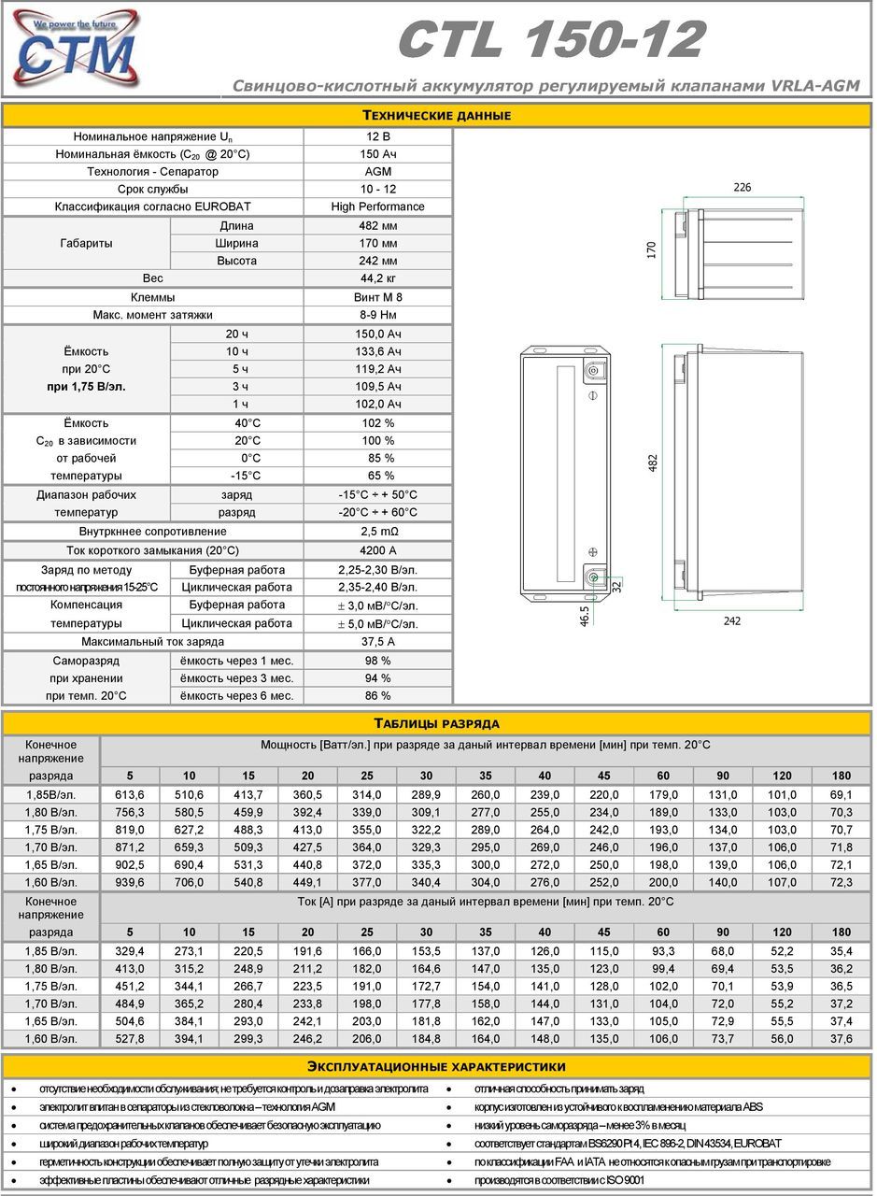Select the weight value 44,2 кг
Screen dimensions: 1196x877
pyautogui.click(x=377, y=278)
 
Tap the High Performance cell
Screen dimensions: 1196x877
pyautogui.click(x=377, y=206)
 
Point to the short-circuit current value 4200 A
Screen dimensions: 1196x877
pyautogui.click(x=377, y=550)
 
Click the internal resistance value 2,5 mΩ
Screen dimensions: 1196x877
pyautogui.click(x=377, y=532)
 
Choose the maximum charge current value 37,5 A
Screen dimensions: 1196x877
pyautogui.click(x=377, y=642)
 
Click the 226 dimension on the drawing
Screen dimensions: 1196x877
pyautogui.click(x=742, y=188)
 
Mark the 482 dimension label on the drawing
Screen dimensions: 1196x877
pyautogui.click(x=654, y=463)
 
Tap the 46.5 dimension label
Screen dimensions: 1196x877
pyautogui.click(x=585, y=616)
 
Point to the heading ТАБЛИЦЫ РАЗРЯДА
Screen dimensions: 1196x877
pyautogui.click(x=437, y=723)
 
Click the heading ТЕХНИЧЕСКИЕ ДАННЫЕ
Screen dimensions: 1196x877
pyautogui.click(x=437, y=116)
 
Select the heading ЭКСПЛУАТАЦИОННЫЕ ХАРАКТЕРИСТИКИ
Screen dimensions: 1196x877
pyautogui.click(x=437, y=1066)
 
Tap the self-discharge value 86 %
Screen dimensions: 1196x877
pyautogui.click(x=377, y=695)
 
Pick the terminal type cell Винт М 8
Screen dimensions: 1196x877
pyautogui.click(x=377, y=297)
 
